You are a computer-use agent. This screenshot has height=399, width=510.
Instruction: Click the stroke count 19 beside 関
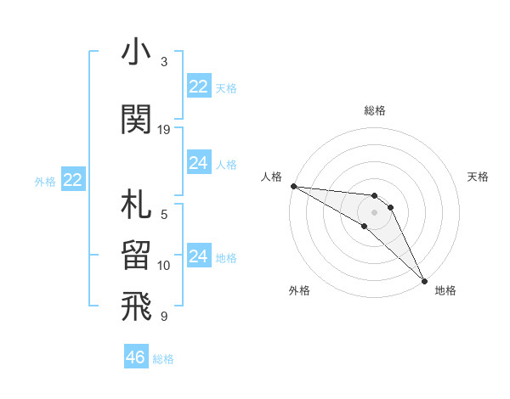(x=164, y=130)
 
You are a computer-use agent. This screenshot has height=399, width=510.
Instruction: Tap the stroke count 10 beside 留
(x=164, y=266)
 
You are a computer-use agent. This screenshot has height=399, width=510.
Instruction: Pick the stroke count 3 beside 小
(x=164, y=62)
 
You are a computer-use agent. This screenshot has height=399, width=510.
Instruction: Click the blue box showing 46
(x=136, y=357)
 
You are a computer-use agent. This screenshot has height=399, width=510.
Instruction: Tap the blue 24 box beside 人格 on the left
(x=199, y=164)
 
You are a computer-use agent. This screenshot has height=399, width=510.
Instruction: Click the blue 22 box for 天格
(x=199, y=87)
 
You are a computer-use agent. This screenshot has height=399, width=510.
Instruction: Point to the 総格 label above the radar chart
(x=375, y=110)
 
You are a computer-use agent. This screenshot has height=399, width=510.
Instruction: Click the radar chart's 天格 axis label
(x=479, y=177)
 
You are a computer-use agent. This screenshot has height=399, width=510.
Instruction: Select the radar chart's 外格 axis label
(x=299, y=290)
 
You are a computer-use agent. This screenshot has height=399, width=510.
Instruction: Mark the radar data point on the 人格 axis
(x=293, y=186)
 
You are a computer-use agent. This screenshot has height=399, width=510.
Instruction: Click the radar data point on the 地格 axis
(x=423, y=280)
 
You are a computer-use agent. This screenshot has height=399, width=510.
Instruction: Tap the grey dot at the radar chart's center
(x=375, y=211)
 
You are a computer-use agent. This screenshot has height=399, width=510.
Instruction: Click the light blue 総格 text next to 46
(x=163, y=358)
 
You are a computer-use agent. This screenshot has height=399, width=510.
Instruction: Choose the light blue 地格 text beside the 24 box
(x=226, y=258)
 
